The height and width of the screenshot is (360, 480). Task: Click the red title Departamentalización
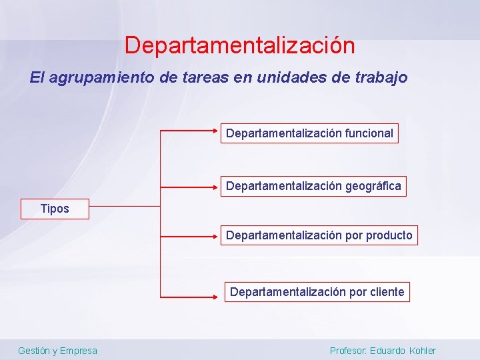(x=239, y=45)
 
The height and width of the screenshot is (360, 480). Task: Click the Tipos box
(x=55, y=209)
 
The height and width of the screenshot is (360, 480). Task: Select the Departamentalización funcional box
(x=309, y=133)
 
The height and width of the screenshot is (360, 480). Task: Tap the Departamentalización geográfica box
(x=313, y=186)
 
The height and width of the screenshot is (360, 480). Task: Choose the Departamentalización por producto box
(x=319, y=235)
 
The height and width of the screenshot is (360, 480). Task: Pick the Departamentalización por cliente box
(x=317, y=292)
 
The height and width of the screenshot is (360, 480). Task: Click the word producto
(x=389, y=235)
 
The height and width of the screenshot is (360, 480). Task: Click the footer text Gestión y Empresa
(x=57, y=351)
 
